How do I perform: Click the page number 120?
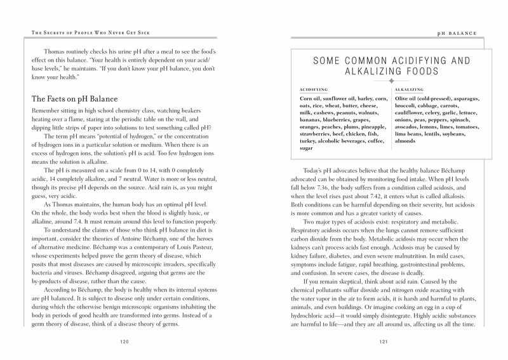pos(125,342)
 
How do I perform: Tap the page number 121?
pos(383,342)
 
